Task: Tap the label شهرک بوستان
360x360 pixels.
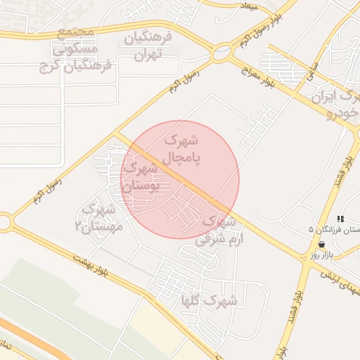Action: [x=142, y=178]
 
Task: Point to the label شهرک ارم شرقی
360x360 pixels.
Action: [x=220, y=230]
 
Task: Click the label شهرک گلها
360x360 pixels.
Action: [x=210, y=301]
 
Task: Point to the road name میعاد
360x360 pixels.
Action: [x=249, y=6]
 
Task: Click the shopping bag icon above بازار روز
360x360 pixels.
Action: [x=321, y=245]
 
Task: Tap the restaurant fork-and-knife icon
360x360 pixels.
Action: [x=341, y=219]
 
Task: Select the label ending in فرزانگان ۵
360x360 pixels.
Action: [x=336, y=230]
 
